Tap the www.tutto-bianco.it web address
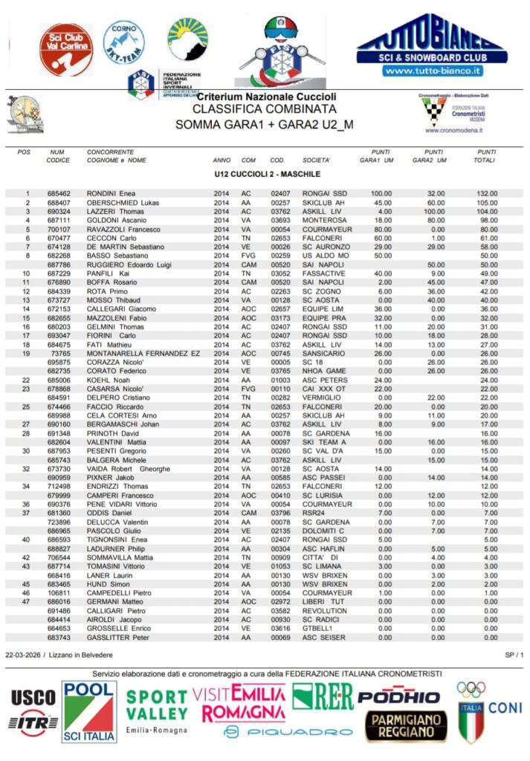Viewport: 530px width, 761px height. (x=432, y=71)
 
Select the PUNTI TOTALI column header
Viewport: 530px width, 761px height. (x=487, y=156)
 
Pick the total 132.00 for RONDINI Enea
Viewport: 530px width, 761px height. (x=487, y=193)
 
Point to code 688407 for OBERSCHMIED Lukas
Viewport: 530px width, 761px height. (x=59, y=202)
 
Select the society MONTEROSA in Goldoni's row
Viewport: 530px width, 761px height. (x=324, y=220)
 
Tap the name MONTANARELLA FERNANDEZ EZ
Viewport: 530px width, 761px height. (x=143, y=354)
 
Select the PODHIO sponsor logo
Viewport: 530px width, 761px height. (x=399, y=697)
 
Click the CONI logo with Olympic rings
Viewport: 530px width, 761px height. (x=488, y=709)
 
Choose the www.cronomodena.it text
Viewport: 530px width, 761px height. (x=454, y=129)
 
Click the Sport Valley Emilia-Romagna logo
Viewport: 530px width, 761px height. (x=156, y=710)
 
